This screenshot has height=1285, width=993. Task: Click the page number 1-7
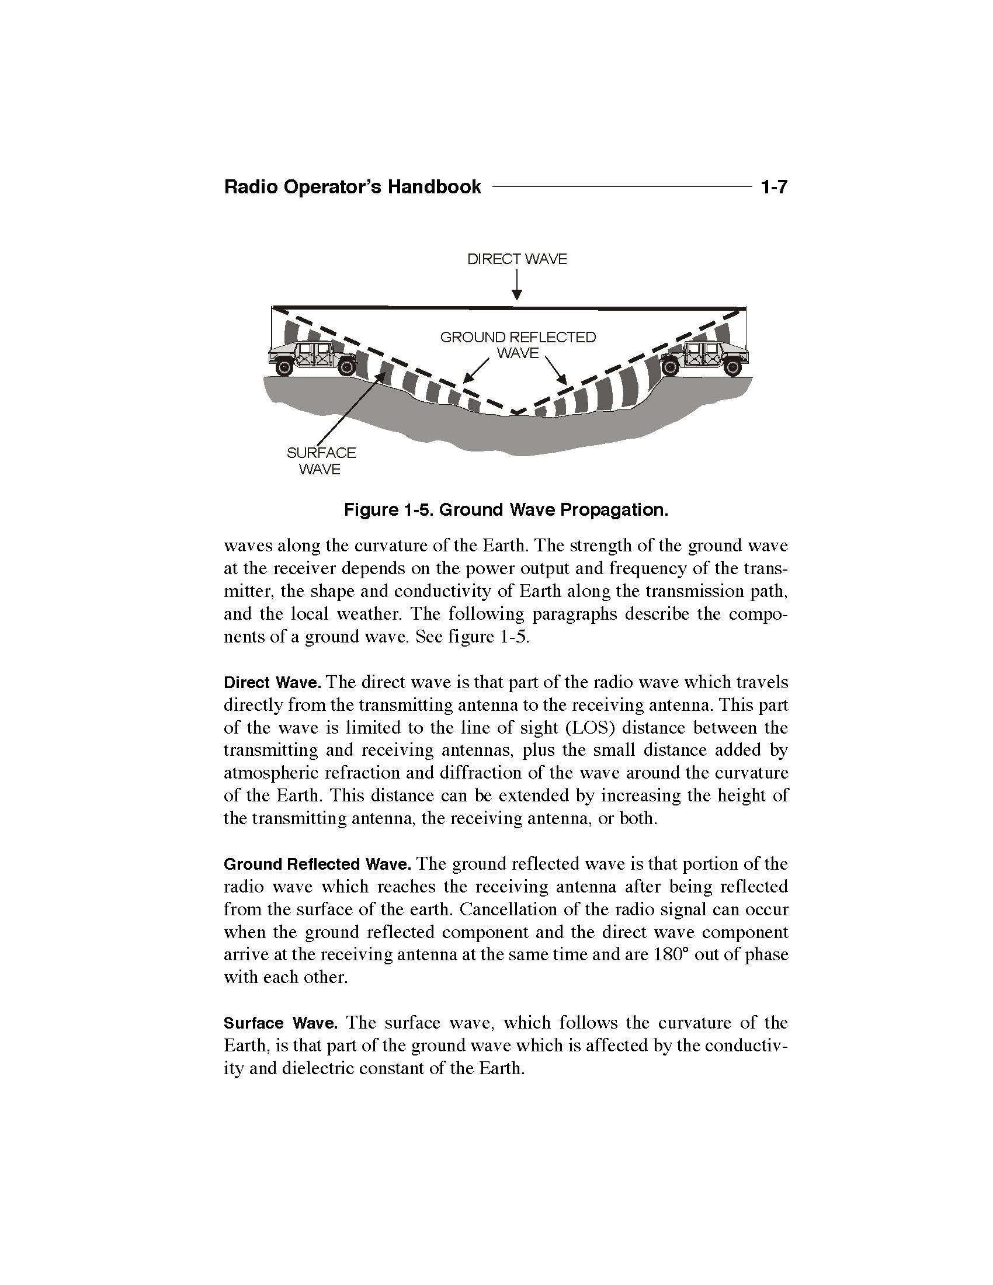(x=773, y=187)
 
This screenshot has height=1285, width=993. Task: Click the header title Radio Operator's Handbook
(x=352, y=187)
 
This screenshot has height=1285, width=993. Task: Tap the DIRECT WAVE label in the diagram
(x=516, y=259)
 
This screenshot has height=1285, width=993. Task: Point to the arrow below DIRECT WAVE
(x=516, y=285)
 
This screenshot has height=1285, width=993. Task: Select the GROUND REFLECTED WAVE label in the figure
(x=518, y=345)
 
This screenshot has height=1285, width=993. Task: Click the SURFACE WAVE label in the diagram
(x=321, y=461)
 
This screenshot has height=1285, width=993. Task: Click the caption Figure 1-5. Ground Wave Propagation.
(x=506, y=509)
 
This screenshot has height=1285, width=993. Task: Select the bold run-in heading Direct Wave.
(x=272, y=683)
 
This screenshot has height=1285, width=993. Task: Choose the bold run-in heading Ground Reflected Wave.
(x=317, y=864)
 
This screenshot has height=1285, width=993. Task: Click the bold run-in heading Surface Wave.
(x=280, y=1023)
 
